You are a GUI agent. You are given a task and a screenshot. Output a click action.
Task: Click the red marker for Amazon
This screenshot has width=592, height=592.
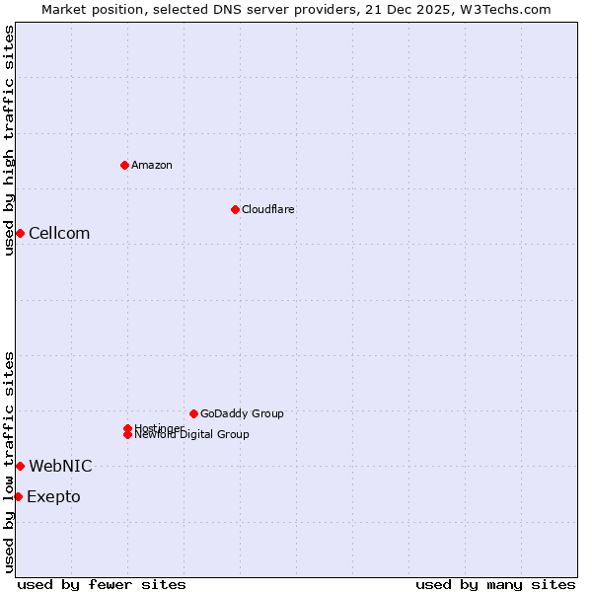tap(124, 165)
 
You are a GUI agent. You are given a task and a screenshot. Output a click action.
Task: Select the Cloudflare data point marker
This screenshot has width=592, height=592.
tap(235, 209)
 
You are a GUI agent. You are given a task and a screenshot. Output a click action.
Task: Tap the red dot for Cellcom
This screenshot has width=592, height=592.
tap(20, 233)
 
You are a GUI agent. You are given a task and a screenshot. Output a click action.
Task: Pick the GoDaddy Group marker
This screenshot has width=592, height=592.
tap(193, 413)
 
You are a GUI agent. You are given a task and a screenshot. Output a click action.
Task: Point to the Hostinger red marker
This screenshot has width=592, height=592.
tap(127, 428)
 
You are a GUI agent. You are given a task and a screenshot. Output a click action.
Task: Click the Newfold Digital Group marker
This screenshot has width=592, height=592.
tap(127, 435)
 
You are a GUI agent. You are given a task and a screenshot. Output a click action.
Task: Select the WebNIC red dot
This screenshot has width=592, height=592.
tap(20, 466)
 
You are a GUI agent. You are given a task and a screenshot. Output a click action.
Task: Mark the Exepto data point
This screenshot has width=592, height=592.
tap(18, 496)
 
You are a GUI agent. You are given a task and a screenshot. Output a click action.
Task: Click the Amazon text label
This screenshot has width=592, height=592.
tap(152, 165)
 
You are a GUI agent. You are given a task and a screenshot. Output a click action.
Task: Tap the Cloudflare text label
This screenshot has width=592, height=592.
tap(268, 209)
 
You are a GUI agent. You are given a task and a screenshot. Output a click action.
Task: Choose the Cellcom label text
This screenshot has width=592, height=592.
tap(59, 233)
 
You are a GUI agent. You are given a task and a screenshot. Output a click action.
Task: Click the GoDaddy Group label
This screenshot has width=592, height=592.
tap(242, 413)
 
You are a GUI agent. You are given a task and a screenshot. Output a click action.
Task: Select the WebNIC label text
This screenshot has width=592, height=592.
tap(60, 466)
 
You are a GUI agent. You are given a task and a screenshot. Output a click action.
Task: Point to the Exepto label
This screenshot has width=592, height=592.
tap(53, 496)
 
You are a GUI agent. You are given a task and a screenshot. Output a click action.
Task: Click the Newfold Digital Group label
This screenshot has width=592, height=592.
tap(192, 435)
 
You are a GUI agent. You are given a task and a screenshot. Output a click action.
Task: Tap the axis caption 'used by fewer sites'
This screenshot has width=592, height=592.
tap(102, 584)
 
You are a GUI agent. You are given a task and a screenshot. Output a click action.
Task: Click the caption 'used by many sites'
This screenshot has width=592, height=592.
tap(495, 584)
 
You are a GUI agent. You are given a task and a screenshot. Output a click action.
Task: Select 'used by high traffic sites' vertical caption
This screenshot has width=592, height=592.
tap(9, 140)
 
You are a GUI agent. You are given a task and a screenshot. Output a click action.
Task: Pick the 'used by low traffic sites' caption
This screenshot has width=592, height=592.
tap(9, 462)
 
